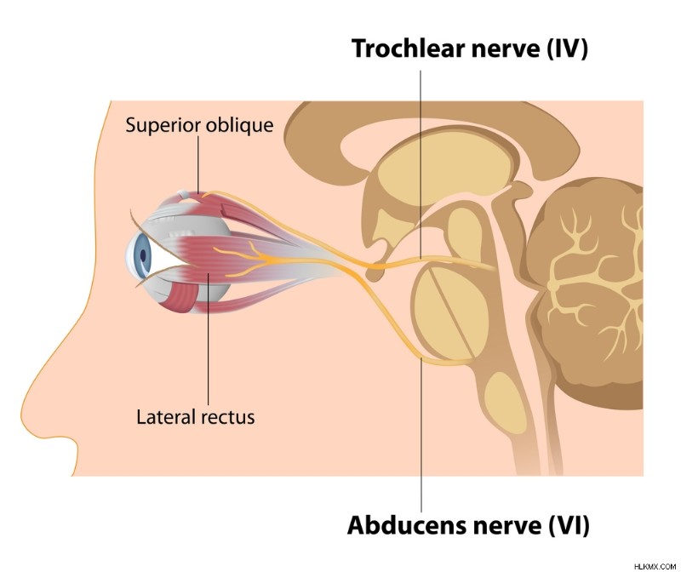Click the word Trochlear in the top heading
point(409,49)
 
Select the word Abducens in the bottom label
point(407,525)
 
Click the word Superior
point(163,125)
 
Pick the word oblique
point(240,125)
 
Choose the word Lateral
point(165,417)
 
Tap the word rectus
point(226,418)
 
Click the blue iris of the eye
point(141,255)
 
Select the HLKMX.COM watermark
point(655,566)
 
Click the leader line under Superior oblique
point(198,164)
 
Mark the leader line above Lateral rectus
point(208,340)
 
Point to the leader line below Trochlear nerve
point(421,164)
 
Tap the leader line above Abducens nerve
point(421,435)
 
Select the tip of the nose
point(22,409)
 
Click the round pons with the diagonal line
point(449,309)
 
